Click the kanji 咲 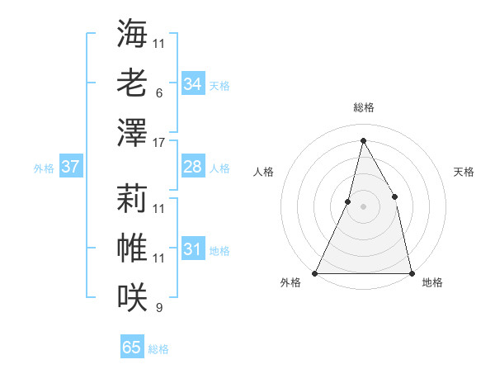tap(132, 296)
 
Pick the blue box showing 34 tap(192, 83)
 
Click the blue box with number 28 tap(192, 167)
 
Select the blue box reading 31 tap(192, 249)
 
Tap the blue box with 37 tap(70, 167)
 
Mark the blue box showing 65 tap(132, 348)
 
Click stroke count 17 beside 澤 tap(159, 143)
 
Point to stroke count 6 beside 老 tap(159, 93)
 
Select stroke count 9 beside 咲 tap(159, 308)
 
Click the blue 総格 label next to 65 tap(158, 349)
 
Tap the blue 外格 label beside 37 tap(44, 168)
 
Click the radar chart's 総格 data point tap(363, 140)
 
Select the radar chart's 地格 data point tap(411, 273)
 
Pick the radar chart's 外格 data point tap(315, 273)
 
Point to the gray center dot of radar tap(363, 206)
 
